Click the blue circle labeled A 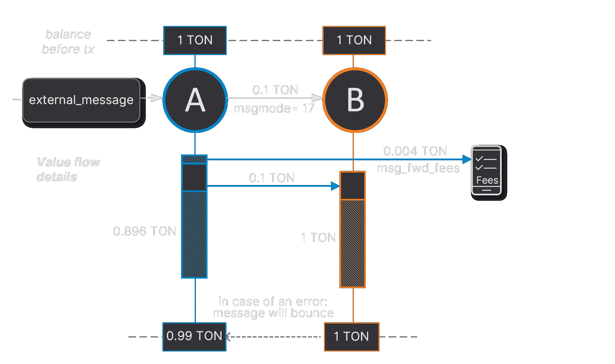[x=195, y=100]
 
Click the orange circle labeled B [x=355, y=100]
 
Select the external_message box [x=81, y=100]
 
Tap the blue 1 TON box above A [x=195, y=40]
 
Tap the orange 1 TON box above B [x=354, y=40]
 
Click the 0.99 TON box [x=194, y=337]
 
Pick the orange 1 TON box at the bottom [x=351, y=337]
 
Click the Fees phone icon [x=486, y=170]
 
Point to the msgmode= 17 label [x=274, y=108]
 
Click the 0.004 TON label [x=415, y=151]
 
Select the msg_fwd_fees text [x=418, y=168]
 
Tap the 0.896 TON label [x=145, y=231]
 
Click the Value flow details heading [x=68, y=169]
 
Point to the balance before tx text [x=68, y=42]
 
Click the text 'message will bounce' [x=273, y=313]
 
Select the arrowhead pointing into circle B [x=317, y=98]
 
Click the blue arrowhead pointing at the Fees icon [x=467, y=159]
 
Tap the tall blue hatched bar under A [x=194, y=235]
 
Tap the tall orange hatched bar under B [x=352, y=243]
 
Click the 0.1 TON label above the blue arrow [x=272, y=178]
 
